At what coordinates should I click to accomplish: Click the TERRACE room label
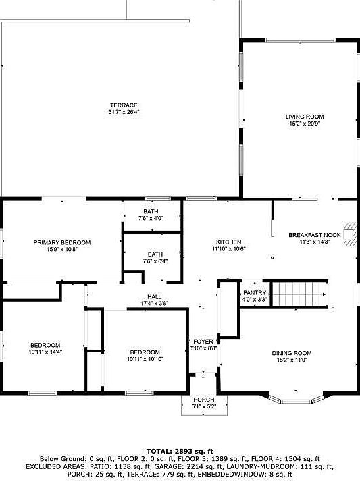pyautogui.click(x=124, y=105)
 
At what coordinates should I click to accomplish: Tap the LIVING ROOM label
pyautogui.click(x=305, y=117)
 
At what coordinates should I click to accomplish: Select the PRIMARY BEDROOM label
pyautogui.click(x=62, y=242)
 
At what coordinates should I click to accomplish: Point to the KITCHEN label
pyautogui.click(x=228, y=242)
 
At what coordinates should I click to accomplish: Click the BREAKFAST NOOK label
pyautogui.click(x=315, y=235)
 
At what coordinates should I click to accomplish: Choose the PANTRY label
pyautogui.click(x=255, y=293)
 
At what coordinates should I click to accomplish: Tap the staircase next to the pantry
pyautogui.click(x=299, y=294)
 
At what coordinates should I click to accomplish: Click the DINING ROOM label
pyautogui.click(x=292, y=353)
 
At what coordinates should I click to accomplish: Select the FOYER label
pyautogui.click(x=203, y=342)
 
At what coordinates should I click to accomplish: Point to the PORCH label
pyautogui.click(x=204, y=400)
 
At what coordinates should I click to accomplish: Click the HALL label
pyautogui.click(x=154, y=297)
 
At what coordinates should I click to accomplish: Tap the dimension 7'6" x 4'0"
pyautogui.click(x=151, y=219)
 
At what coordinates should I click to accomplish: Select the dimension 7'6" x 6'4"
pyautogui.click(x=155, y=261)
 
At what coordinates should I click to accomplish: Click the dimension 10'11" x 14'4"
pyautogui.click(x=45, y=352)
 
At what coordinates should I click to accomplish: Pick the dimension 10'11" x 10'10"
pyautogui.click(x=145, y=359)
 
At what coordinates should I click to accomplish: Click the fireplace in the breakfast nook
pyautogui.click(x=351, y=234)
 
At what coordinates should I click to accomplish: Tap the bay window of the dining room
pyautogui.click(x=296, y=400)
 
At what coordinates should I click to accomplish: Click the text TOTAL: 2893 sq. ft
pyautogui.click(x=180, y=452)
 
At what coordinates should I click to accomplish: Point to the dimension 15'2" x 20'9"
pyautogui.click(x=305, y=124)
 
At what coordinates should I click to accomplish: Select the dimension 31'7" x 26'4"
pyautogui.click(x=124, y=112)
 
